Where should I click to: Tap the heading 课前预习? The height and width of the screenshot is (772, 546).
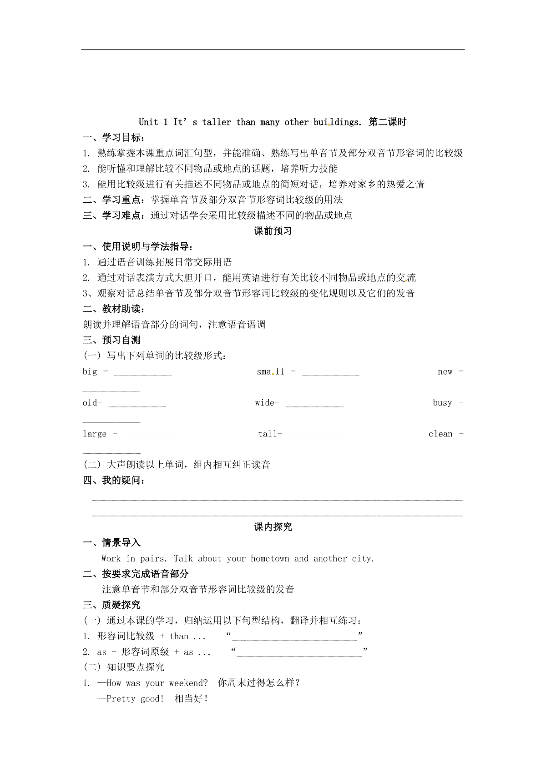[x=273, y=231]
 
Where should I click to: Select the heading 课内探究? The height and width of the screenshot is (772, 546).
[x=273, y=527]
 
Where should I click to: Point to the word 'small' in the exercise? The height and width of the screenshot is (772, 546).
[x=270, y=372]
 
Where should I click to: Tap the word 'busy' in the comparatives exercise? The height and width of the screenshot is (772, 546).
[x=442, y=403]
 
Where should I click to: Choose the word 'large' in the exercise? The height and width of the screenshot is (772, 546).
[x=95, y=434]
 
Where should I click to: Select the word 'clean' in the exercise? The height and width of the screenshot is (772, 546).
[x=440, y=434]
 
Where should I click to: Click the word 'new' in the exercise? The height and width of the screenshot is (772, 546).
[x=445, y=372]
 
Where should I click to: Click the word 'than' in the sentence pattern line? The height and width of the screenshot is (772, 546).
[x=179, y=637]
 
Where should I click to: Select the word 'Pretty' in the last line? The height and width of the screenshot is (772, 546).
[x=121, y=699]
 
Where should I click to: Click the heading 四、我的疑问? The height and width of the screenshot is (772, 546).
[x=114, y=481]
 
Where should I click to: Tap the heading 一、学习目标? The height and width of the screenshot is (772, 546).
[x=114, y=138]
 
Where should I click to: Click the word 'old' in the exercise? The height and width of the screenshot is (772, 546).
[x=90, y=403]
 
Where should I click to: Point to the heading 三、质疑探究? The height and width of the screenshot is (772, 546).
[x=111, y=605]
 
